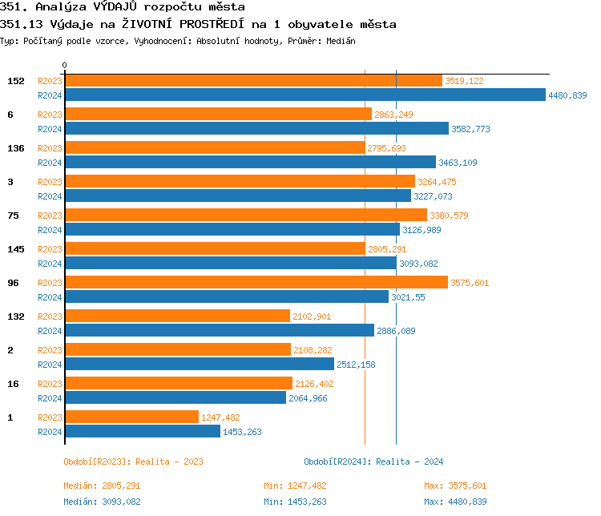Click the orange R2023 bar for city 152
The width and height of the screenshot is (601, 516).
[x=253, y=81]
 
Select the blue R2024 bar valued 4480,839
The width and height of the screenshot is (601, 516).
[x=305, y=95]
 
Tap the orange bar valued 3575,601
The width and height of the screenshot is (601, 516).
[x=256, y=283]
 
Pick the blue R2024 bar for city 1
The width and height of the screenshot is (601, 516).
[x=142, y=432]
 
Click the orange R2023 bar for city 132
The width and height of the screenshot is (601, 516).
[x=177, y=316]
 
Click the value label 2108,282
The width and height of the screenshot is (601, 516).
[x=313, y=350]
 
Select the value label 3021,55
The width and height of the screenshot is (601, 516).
[x=408, y=297]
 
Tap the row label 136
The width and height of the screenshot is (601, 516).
[x=15, y=148]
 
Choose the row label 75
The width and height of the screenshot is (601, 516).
[x=13, y=216]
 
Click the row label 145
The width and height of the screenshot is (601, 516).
[x=15, y=249]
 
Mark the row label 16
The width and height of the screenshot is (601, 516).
[x=13, y=384]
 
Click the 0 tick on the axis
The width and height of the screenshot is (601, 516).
[x=65, y=65]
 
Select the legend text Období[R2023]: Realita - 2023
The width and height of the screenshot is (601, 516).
[x=133, y=462]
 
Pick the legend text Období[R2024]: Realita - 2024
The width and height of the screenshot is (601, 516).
[x=373, y=462]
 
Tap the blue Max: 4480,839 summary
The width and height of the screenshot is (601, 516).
[x=455, y=502]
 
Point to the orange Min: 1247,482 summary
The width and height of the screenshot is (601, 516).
[x=295, y=486]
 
